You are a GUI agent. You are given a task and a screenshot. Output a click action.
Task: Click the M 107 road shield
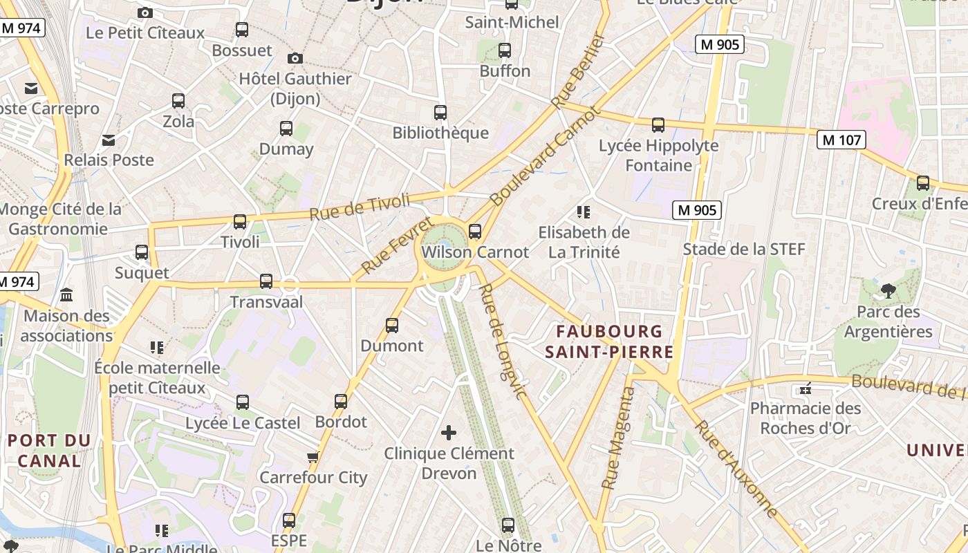[841, 140]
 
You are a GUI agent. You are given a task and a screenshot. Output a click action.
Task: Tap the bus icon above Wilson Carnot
[474, 232]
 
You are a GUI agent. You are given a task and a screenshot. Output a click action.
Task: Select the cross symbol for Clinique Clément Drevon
[449, 433]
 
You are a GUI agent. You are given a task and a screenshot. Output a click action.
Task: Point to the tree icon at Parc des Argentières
[888, 291]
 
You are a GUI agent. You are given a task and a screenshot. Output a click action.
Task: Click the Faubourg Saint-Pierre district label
[608, 341]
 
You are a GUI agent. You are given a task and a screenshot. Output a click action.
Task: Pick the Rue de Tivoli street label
[360, 207]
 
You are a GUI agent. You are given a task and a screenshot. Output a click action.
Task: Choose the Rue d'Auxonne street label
[737, 469]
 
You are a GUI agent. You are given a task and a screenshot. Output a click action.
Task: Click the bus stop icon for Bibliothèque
[440, 112]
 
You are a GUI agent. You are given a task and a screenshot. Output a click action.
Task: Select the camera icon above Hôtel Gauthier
[295, 58]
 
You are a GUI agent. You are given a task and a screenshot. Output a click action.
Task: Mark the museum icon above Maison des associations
[66, 295]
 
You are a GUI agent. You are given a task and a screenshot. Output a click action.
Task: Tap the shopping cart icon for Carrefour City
[313, 457]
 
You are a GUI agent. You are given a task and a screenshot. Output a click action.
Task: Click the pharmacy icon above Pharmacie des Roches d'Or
[805, 389]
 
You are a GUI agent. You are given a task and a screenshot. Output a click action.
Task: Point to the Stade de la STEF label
[744, 249]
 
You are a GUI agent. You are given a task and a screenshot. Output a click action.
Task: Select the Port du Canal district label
[49, 450]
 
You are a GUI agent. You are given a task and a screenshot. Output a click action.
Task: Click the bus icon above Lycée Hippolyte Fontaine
[658, 125]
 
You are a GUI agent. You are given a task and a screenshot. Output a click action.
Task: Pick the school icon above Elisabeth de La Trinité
[584, 212]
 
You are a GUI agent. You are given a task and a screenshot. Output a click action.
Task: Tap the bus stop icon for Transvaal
[266, 281]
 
